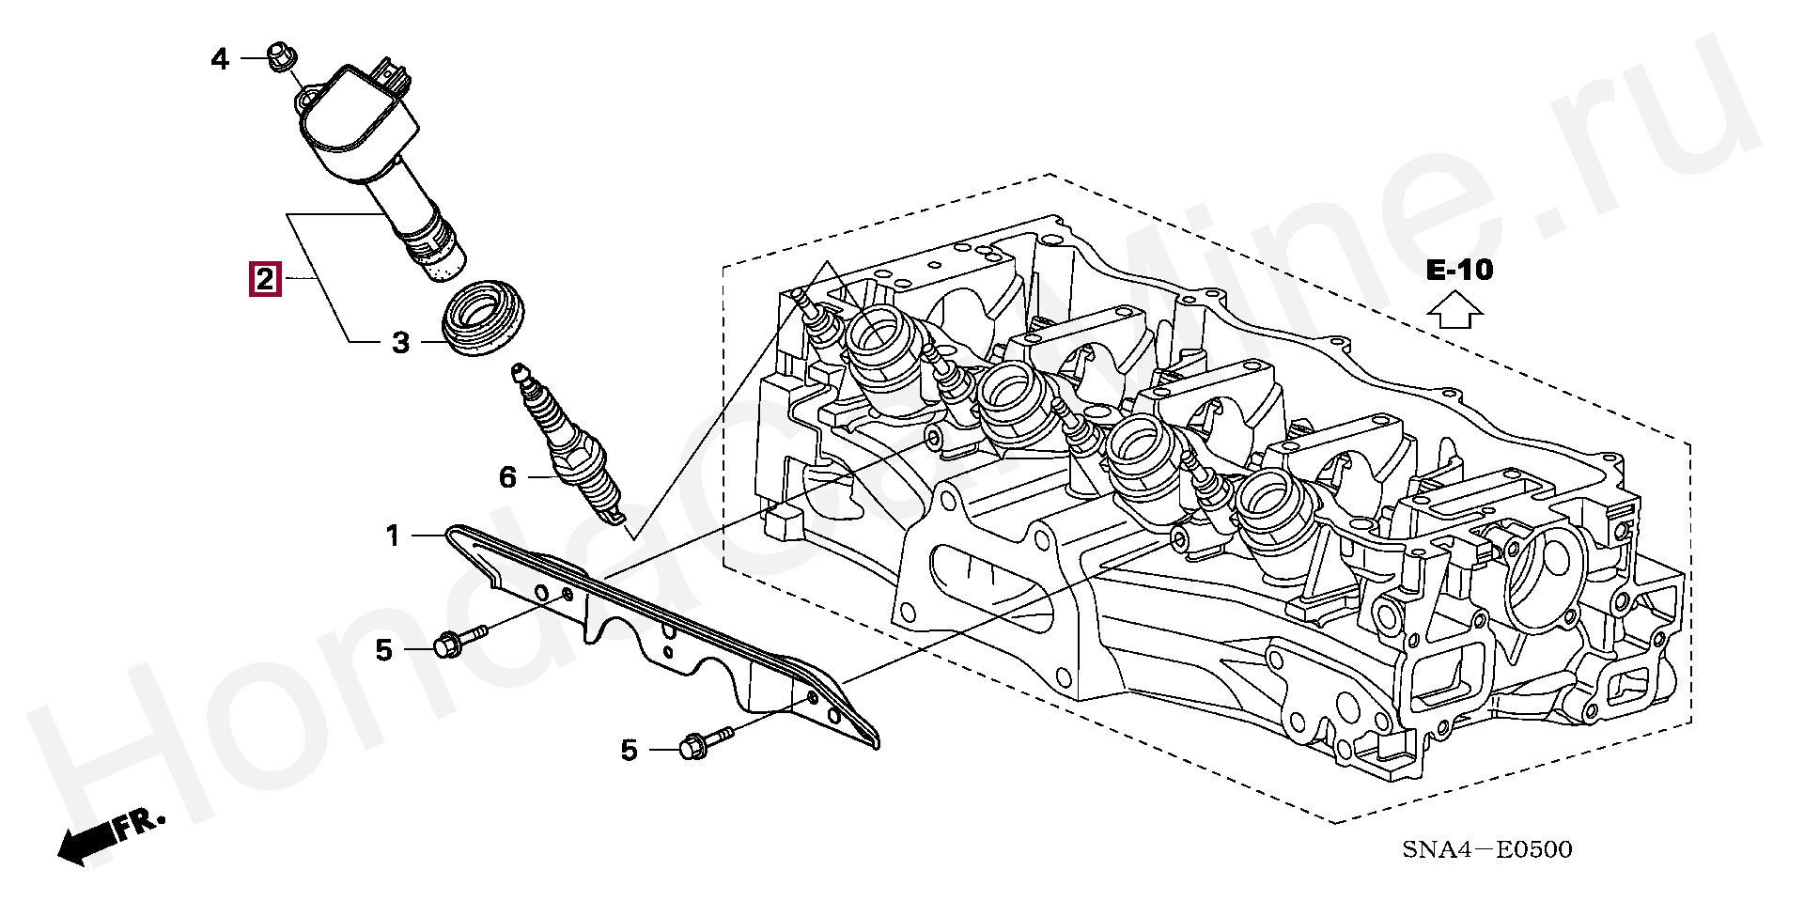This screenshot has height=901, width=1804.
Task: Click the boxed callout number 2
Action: click(264, 279)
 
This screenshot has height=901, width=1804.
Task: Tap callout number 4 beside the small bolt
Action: click(220, 60)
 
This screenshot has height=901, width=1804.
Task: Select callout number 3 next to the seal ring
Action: click(400, 343)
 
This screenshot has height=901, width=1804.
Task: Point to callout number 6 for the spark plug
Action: click(507, 478)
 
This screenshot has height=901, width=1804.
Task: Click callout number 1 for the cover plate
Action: click(393, 536)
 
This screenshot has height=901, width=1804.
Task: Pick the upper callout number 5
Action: click(383, 649)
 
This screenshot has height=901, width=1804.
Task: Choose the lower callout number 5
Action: click(629, 750)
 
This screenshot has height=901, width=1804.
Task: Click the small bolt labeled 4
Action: click(280, 55)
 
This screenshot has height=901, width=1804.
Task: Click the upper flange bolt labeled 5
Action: click(459, 640)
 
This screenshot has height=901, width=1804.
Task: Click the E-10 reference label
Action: click(1458, 271)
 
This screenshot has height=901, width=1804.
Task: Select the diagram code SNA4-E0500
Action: click(1486, 850)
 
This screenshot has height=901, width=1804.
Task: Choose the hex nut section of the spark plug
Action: click(587, 461)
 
